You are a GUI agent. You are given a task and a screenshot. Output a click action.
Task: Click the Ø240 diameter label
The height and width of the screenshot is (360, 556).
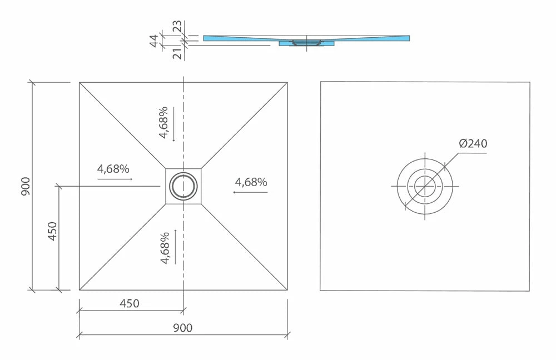click(473, 144)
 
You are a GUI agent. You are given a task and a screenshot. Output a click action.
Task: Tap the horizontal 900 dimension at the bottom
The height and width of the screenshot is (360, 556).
click(182, 328)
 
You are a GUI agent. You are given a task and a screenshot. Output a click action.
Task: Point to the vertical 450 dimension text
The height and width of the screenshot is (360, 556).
click(52, 231)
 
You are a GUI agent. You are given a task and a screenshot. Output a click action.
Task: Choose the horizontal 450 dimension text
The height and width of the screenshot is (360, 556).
click(129, 303)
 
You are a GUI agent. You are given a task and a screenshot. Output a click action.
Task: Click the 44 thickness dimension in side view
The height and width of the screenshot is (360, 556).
click(155, 41)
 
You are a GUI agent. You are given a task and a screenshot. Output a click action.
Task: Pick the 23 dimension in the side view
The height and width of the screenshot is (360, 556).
click(176, 27)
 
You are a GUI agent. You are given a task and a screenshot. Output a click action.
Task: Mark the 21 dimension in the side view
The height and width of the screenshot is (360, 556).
click(176, 53)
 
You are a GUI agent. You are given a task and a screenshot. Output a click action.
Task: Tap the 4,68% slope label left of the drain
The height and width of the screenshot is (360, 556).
click(113, 169)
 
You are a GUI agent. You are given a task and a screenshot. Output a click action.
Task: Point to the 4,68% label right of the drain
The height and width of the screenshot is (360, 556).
click(251, 182)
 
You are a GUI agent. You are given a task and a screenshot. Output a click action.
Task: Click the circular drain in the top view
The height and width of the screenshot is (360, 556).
click(183, 186)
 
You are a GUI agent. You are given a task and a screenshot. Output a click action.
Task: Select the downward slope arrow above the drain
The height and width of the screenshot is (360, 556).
click(173, 123)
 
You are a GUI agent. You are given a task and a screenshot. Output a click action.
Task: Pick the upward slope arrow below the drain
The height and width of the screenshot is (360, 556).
click(175, 246)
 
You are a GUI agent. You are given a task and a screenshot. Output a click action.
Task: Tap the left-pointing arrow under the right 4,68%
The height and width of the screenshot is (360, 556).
click(250, 192)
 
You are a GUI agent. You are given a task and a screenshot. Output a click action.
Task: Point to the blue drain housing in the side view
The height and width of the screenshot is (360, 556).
click(306, 43)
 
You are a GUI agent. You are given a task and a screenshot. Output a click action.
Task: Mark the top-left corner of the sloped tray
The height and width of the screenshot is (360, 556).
click(80, 83)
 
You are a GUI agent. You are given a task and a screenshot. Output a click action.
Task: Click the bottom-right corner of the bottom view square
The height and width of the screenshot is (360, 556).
click(529, 291)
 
